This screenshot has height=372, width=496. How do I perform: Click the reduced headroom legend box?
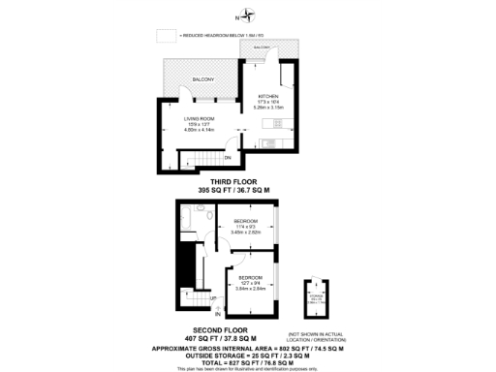tap(166, 35)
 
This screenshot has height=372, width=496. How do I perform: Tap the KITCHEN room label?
tap(268, 97)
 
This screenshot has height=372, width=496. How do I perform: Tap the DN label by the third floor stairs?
tap(227, 157)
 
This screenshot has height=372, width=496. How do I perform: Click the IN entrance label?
tap(218, 316)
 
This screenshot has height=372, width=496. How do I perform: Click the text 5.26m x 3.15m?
tap(268, 108)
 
